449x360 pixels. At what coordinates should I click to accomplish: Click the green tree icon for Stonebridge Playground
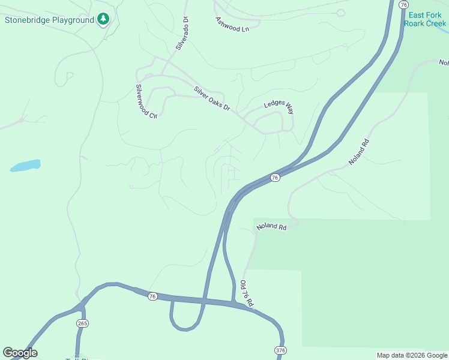coord(104,20)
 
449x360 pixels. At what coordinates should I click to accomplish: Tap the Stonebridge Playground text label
coord(49,20)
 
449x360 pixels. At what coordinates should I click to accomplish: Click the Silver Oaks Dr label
coord(212,98)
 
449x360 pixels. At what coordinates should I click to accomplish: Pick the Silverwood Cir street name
coord(145,101)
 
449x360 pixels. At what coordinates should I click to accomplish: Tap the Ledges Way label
coord(279,108)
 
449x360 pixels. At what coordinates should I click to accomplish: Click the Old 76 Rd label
coord(247,294)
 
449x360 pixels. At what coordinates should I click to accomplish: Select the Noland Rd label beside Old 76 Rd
coord(271,227)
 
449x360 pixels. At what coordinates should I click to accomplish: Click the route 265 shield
coord(83,323)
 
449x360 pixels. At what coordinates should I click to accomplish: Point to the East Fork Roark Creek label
coord(425,19)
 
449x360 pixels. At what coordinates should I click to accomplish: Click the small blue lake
coord(25,165)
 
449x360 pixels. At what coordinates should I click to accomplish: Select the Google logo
coord(20,353)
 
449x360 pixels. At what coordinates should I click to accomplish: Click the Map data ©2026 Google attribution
coord(412,355)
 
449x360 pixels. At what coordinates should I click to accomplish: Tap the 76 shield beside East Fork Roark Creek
coord(403,4)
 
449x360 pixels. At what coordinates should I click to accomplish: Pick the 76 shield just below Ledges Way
coord(274,178)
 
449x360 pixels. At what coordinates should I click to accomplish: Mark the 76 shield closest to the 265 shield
coord(152,296)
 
